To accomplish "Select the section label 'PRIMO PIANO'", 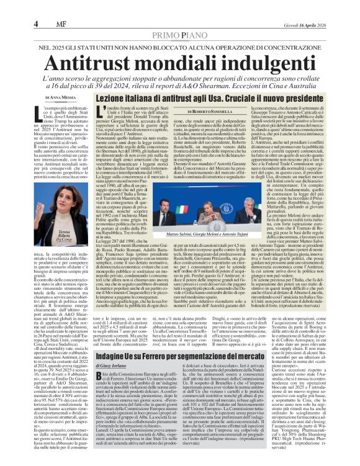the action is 179,19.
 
